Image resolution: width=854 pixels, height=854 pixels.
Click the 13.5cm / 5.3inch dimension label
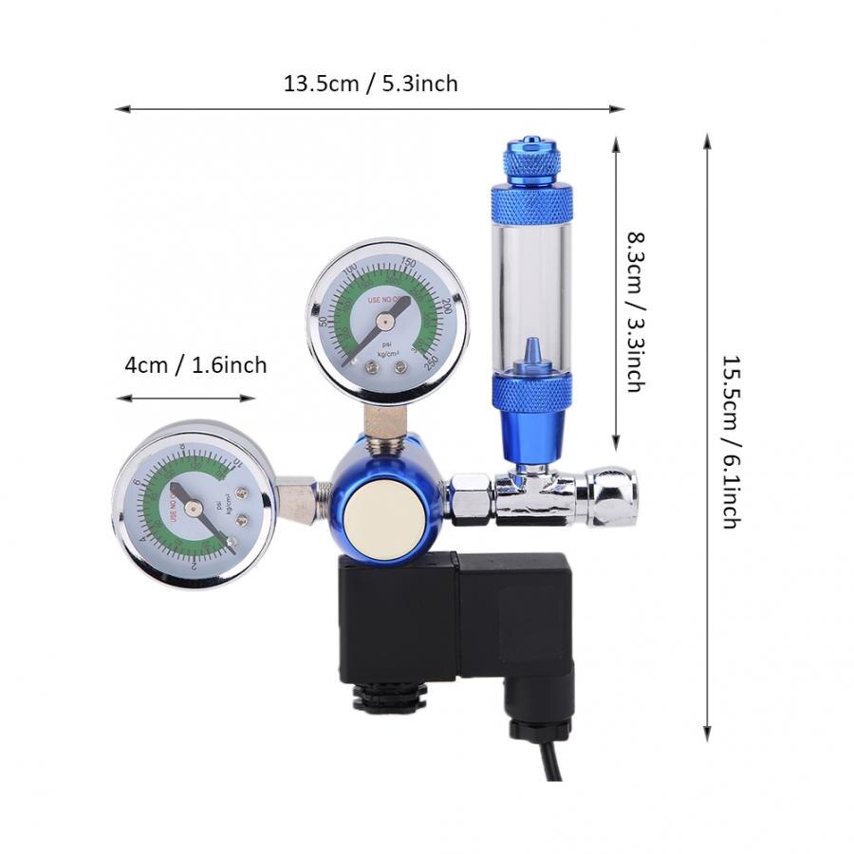coord(370,84)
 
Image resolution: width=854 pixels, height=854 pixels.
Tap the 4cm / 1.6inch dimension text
coord(195,365)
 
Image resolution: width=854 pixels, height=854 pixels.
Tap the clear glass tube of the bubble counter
coord(531,285)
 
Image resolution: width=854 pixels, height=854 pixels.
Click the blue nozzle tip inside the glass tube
coord(531,350)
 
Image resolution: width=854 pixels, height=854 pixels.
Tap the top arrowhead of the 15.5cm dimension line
coord(706,140)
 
